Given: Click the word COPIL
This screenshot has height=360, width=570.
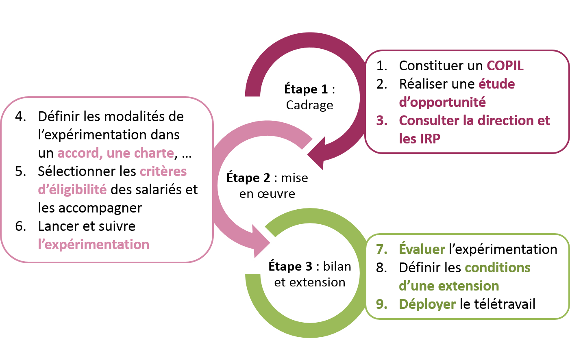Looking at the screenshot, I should (x=505, y=66).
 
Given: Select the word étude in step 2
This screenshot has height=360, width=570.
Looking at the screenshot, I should (x=496, y=84).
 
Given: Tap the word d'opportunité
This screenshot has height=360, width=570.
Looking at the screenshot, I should (x=442, y=102).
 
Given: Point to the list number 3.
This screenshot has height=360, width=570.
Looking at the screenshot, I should (x=381, y=121).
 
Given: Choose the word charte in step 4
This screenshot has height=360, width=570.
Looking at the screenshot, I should (x=153, y=153).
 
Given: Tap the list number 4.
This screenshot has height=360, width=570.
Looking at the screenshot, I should (x=20, y=117).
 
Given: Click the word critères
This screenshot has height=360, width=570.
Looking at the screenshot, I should (x=163, y=171).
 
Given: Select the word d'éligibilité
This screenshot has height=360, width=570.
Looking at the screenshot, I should (x=72, y=190).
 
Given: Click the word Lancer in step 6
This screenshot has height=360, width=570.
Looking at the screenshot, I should (x=61, y=226).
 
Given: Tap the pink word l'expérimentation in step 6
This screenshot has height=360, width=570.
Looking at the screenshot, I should (x=94, y=245).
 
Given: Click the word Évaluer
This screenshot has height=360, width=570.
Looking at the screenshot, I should (x=422, y=249).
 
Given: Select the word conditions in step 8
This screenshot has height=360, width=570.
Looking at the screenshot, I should (x=497, y=268).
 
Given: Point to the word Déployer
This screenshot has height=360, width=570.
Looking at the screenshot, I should (x=427, y=304).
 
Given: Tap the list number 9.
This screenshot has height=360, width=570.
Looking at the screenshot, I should (x=381, y=304).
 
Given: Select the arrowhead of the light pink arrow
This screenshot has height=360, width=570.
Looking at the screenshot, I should (x=260, y=242).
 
